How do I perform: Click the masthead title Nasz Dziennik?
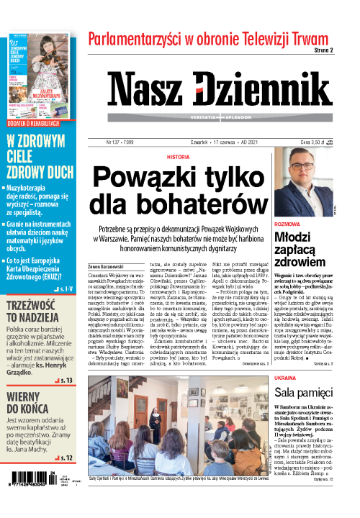[x=220, y=91]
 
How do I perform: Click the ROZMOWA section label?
[x=287, y=224]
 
